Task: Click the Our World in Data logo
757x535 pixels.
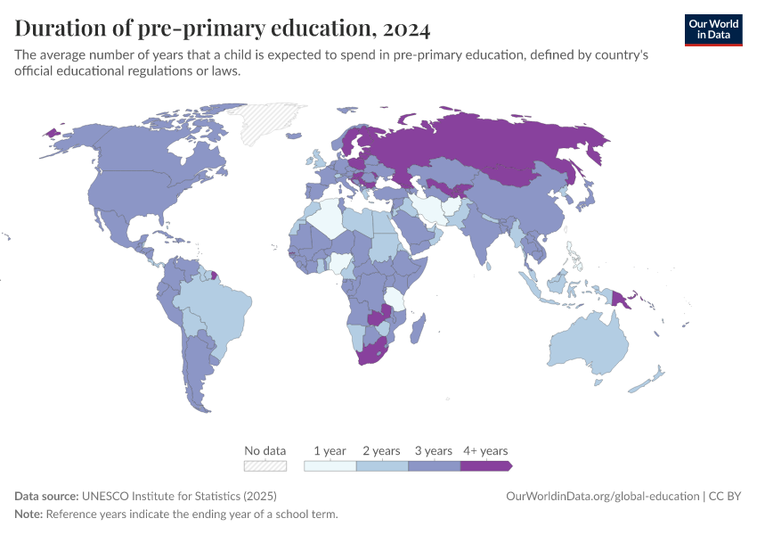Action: (713, 29)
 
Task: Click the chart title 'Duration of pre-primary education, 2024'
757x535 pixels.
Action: (223, 29)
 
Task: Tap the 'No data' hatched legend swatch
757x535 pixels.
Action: (265, 465)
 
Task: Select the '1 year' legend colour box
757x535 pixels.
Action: (330, 465)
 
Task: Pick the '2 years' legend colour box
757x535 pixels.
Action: (382, 465)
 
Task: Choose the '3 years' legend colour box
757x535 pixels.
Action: (434, 465)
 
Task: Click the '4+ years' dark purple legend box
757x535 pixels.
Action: (485, 465)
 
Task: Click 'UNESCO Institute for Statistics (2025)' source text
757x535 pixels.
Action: (179, 496)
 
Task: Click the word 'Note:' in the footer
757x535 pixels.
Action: (28, 514)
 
